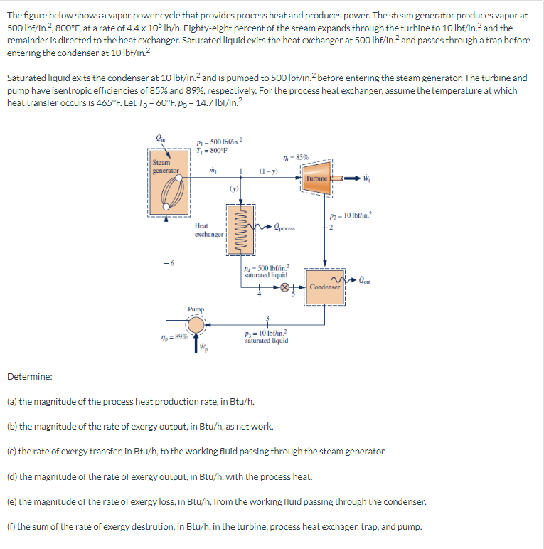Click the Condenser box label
324,287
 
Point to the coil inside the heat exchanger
239,228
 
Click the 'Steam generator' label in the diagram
166,167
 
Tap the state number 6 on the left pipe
172,263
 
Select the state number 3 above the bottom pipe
268,316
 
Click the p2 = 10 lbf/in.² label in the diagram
348,215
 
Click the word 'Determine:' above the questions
26,376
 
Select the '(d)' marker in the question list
12,476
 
